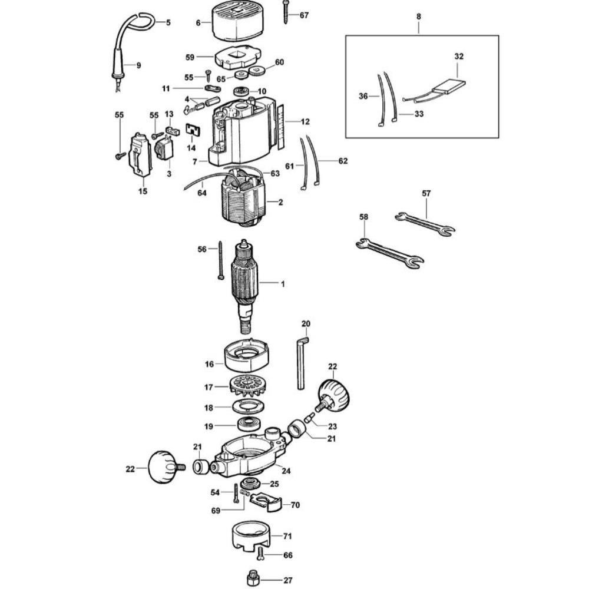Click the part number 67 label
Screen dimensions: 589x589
(x=304, y=15)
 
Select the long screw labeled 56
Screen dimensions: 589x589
(x=221, y=260)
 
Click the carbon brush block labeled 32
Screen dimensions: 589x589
(x=449, y=87)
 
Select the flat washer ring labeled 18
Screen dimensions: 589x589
(x=249, y=406)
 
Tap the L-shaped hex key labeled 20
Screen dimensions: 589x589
(x=302, y=363)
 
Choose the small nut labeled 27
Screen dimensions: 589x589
(x=253, y=579)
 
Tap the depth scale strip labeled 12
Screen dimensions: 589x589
(x=282, y=127)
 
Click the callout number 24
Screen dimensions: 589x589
(x=286, y=471)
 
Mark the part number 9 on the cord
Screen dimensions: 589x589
(x=138, y=65)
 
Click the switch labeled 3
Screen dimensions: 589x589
(x=164, y=148)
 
